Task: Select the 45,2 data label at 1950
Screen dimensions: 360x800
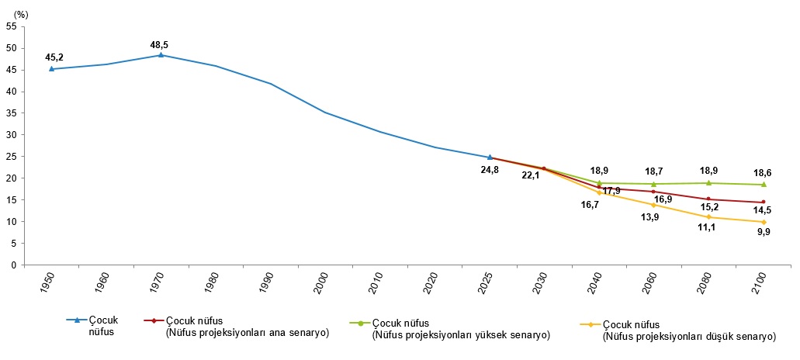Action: [54, 57]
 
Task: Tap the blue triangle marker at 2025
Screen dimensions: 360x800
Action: [490, 157]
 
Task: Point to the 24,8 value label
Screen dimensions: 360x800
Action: [489, 170]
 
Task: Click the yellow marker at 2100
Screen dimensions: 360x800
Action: [764, 222]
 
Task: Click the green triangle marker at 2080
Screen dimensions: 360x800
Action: [708, 183]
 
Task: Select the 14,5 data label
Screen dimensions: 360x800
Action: [764, 210]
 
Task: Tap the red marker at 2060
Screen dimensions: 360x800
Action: [653, 192]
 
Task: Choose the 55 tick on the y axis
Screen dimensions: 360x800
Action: [12, 26]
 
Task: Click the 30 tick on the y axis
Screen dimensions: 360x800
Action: [12, 135]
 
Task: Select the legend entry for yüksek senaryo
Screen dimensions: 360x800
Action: [458, 329]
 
